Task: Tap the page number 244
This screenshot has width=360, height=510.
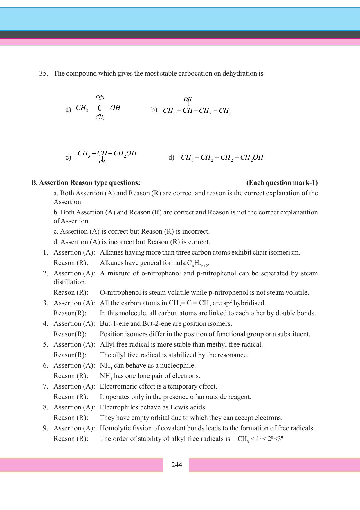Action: click(x=177, y=465)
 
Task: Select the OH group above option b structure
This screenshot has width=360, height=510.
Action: click(x=188, y=99)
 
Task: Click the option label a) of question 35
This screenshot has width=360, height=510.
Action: click(x=68, y=110)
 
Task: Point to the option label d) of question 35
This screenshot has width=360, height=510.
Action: click(x=171, y=157)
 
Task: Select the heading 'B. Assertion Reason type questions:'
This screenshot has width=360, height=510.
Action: click(x=86, y=182)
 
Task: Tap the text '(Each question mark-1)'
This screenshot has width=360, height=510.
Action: click(x=282, y=182)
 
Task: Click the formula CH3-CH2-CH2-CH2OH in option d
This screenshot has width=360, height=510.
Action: click(x=222, y=158)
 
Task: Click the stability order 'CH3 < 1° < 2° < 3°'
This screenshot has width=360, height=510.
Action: click(x=260, y=439)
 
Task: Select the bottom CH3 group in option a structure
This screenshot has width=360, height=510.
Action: click(x=100, y=118)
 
